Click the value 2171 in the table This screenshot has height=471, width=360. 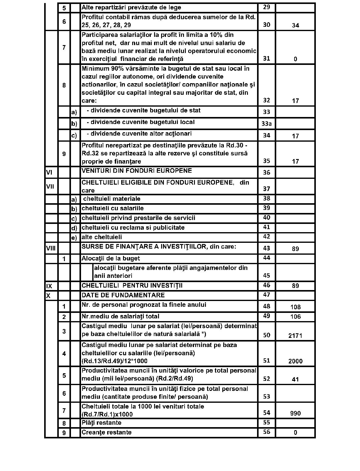[x=295, y=335]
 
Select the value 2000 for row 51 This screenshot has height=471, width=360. [x=295, y=361]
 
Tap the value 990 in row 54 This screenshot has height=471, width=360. [x=295, y=413]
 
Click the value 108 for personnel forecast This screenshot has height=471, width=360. [x=295, y=307]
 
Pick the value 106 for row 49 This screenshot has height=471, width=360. [x=295, y=316]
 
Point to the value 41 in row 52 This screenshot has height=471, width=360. [x=295, y=379]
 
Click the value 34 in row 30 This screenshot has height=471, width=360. [x=295, y=25]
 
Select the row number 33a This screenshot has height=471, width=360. [x=266, y=124]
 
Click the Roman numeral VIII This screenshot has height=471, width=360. [x=51, y=248]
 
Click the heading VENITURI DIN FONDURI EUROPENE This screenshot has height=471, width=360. [x=137, y=171]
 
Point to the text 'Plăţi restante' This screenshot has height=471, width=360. [x=101, y=423]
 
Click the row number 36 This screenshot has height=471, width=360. [x=266, y=172]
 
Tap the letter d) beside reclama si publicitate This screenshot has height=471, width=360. [x=74, y=228]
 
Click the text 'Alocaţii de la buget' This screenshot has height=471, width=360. [x=111, y=258]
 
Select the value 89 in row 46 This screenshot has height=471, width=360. [x=295, y=286]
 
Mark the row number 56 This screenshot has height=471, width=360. [x=266, y=432]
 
